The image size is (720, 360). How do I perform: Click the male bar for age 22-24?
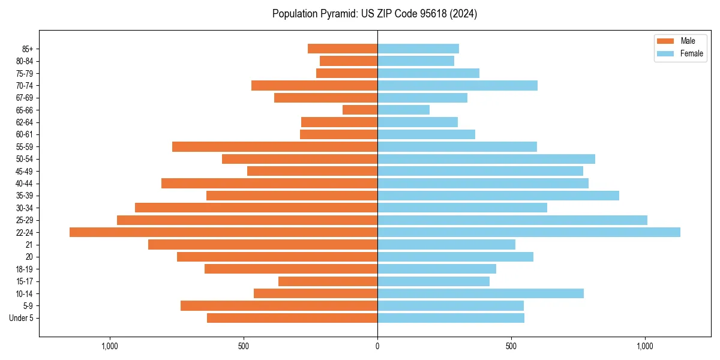coord(223,232)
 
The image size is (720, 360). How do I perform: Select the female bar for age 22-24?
coord(529,232)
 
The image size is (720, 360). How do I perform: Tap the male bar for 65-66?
coord(360,110)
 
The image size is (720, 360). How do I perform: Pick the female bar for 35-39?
coord(498,196)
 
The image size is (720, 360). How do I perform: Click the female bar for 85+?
coord(418,49)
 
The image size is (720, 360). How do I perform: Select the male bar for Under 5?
coord(292,318)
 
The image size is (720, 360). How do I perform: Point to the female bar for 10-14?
coord(481,293)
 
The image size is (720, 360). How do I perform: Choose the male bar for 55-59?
coord(275,146)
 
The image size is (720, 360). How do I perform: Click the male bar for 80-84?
coord(349,61)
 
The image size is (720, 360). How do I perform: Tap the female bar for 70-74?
coord(457,85)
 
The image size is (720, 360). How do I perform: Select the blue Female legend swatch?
coord(665,53)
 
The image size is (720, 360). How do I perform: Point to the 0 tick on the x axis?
coord(377,346)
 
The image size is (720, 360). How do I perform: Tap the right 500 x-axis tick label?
coord(511,346)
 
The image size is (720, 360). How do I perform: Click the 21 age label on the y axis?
coord(29,245)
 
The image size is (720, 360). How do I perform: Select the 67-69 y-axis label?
coord(25,98)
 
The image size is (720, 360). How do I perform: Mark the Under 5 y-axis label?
coord(22,318)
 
